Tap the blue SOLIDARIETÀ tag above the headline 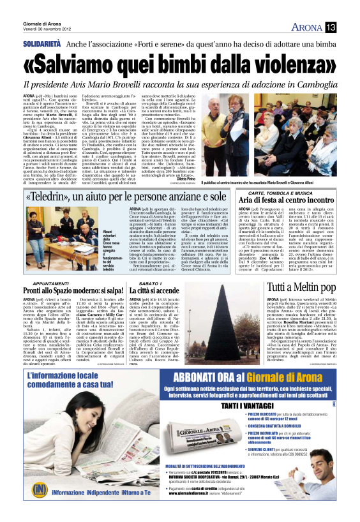point(43,44)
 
